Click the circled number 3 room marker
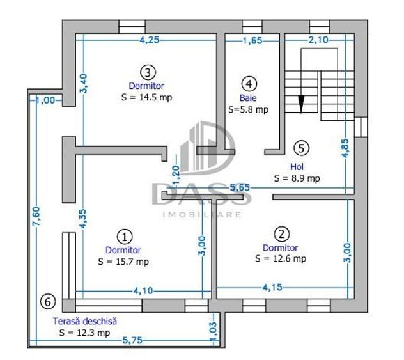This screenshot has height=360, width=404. (148, 72)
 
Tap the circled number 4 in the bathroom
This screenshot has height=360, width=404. (249, 84)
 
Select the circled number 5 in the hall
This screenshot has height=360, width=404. (301, 148)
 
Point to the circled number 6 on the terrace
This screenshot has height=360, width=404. (48, 302)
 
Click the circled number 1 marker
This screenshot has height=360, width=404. (125, 237)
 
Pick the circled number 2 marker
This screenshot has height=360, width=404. (281, 234)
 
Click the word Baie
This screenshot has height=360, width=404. (248, 98)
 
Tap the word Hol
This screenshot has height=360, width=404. (297, 167)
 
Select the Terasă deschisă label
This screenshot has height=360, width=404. (85, 321)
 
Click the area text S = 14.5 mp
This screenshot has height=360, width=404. (146, 97)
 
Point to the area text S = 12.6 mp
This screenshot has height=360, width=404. (281, 258)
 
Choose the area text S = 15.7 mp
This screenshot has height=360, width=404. (123, 262)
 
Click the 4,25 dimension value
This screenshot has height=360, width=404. (150, 40)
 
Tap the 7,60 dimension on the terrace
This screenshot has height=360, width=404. (36, 217)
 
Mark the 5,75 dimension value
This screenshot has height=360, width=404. (132, 340)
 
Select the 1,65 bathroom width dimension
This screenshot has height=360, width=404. (252, 40)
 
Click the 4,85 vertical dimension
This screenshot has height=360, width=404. (345, 148)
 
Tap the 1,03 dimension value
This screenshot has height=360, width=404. (214, 332)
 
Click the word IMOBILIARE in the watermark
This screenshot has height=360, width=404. (202, 214)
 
